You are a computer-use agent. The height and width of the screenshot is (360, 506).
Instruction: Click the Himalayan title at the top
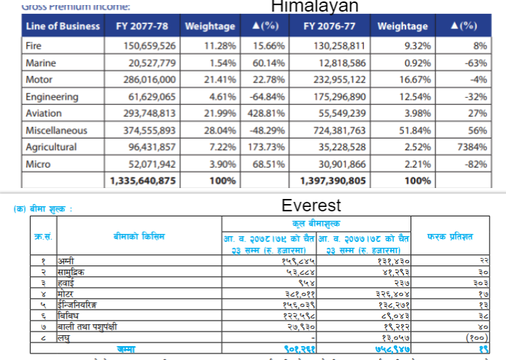click(315, 7)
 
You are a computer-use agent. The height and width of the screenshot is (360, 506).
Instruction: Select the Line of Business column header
click(63, 26)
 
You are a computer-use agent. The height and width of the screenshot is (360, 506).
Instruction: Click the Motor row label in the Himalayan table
click(39, 79)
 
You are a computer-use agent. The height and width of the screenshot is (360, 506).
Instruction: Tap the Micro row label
click(38, 164)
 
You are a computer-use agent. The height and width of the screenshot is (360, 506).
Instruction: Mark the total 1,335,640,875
click(142, 181)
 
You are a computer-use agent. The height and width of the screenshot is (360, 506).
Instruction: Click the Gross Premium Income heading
click(66, 5)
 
